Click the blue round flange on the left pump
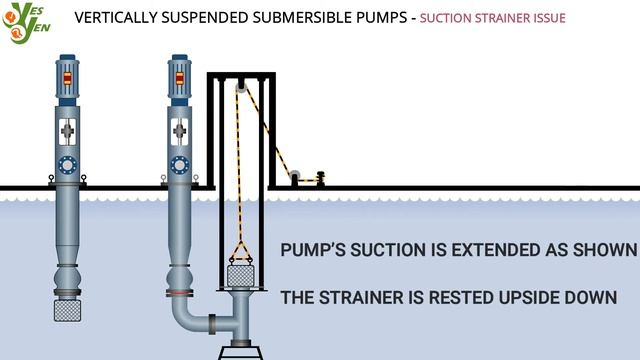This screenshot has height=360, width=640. pos(69,162)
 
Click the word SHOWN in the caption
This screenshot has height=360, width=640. pos(602,249)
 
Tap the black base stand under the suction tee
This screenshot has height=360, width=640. pos(244,351)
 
